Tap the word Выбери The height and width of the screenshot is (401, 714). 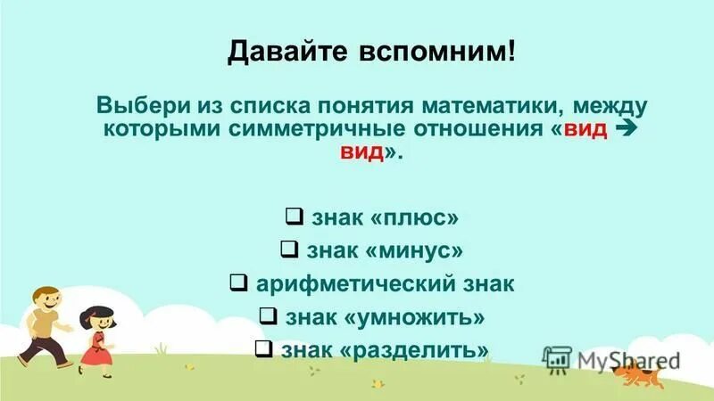click(x=137, y=104)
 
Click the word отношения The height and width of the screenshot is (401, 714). click(x=484, y=128)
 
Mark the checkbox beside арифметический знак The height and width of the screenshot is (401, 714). click(x=238, y=283)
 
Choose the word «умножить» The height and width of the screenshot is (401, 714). click(x=429, y=316)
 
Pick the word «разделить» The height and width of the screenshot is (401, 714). click(x=430, y=348)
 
